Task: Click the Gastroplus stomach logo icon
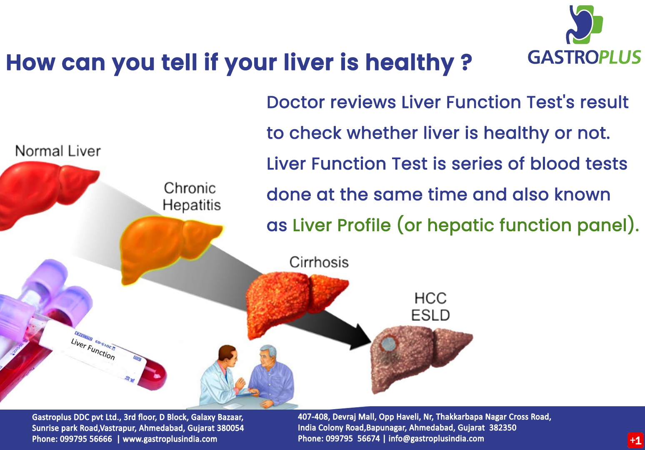click(x=584, y=25)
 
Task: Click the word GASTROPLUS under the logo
click(x=584, y=57)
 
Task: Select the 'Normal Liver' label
click(x=58, y=151)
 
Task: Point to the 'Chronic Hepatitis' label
click(x=191, y=197)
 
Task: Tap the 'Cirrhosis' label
click(x=319, y=262)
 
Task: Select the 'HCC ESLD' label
click(x=430, y=307)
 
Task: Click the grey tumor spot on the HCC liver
click(x=388, y=344)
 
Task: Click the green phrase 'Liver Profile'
click(x=342, y=225)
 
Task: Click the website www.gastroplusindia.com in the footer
click(x=170, y=439)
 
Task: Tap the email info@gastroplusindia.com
click(x=436, y=438)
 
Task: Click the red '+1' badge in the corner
click(x=635, y=440)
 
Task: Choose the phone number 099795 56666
click(x=86, y=439)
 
